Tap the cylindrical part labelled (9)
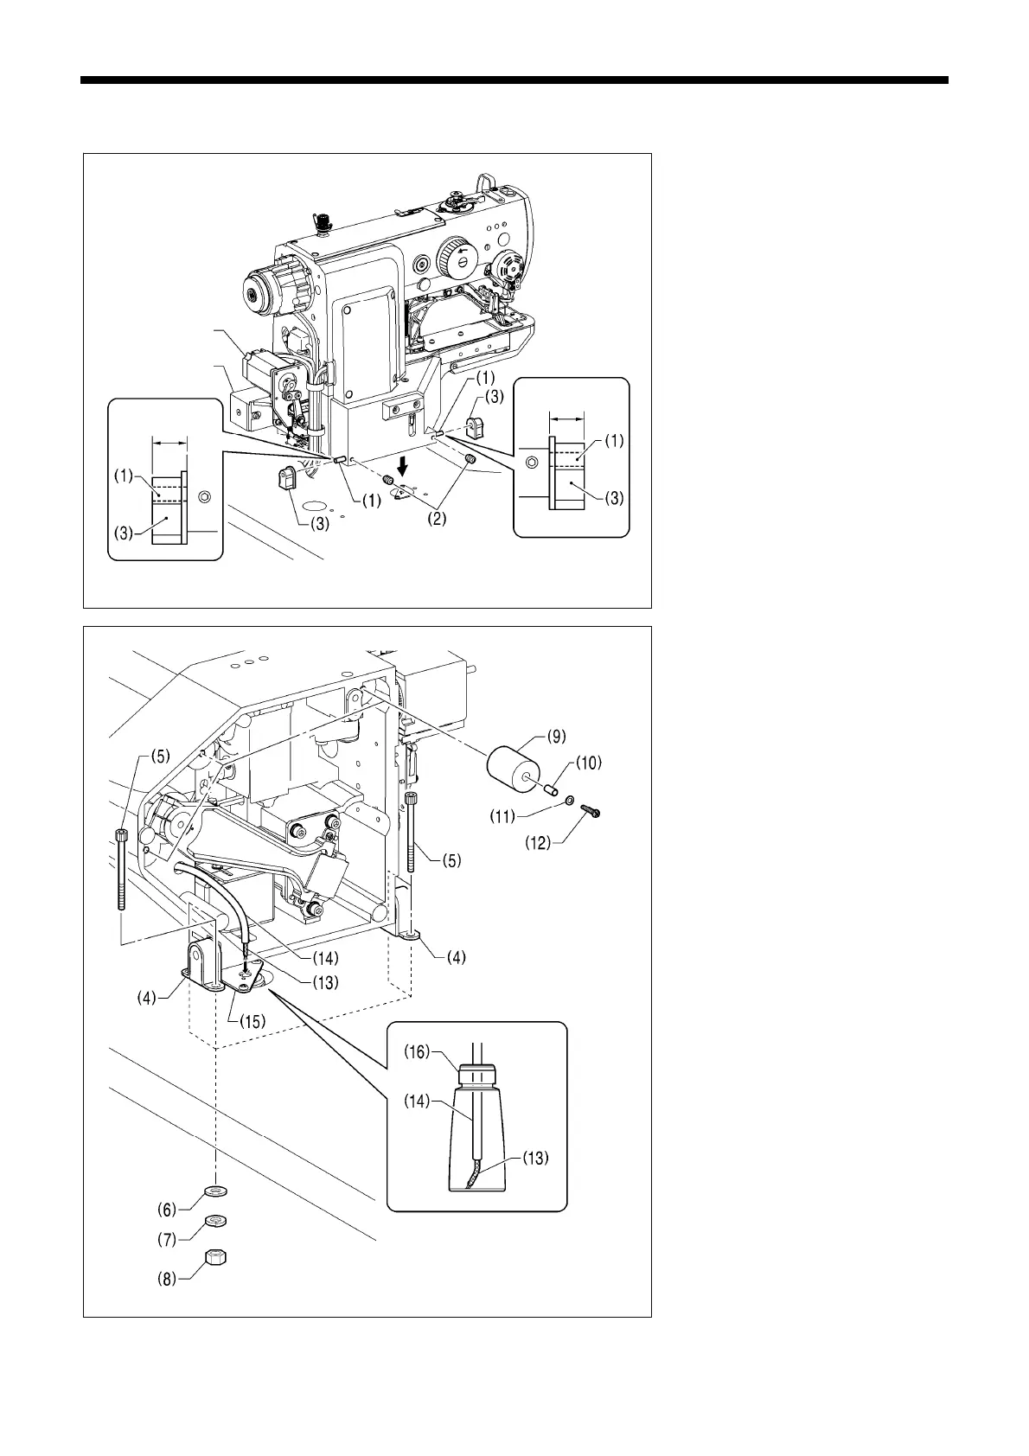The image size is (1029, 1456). (514, 767)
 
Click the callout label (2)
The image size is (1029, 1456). (438, 520)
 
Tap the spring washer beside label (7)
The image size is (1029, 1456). (215, 1222)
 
